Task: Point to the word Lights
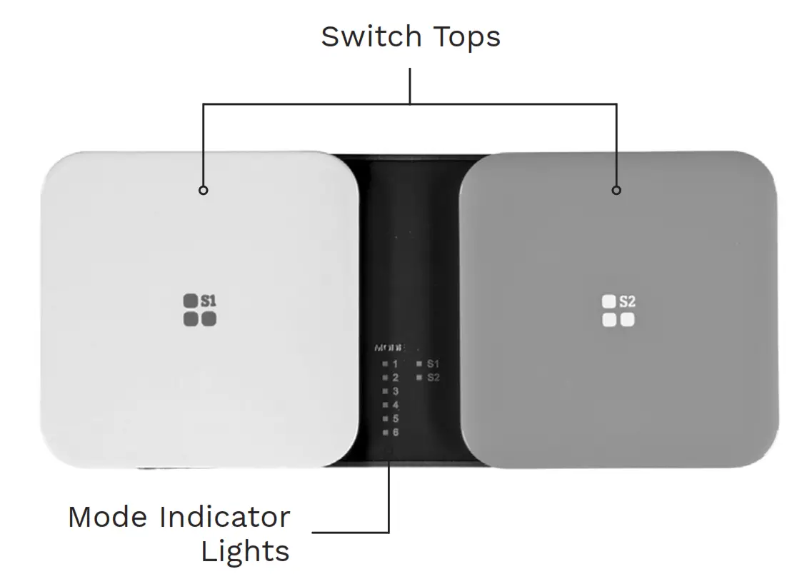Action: [244, 551]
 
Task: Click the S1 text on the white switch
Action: [208, 301]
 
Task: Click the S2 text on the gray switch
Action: [627, 301]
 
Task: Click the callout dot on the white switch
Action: [204, 191]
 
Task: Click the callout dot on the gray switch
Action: [617, 191]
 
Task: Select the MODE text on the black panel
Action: [389, 348]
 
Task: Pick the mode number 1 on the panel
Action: [395, 364]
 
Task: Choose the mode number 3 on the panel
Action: [395, 391]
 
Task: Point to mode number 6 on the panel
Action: [395, 433]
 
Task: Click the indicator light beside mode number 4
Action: [385, 406]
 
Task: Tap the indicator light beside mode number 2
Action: [385, 378]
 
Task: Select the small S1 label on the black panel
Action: [433, 364]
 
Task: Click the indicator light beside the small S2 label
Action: [419, 378]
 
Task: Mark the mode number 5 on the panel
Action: [395, 419]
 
